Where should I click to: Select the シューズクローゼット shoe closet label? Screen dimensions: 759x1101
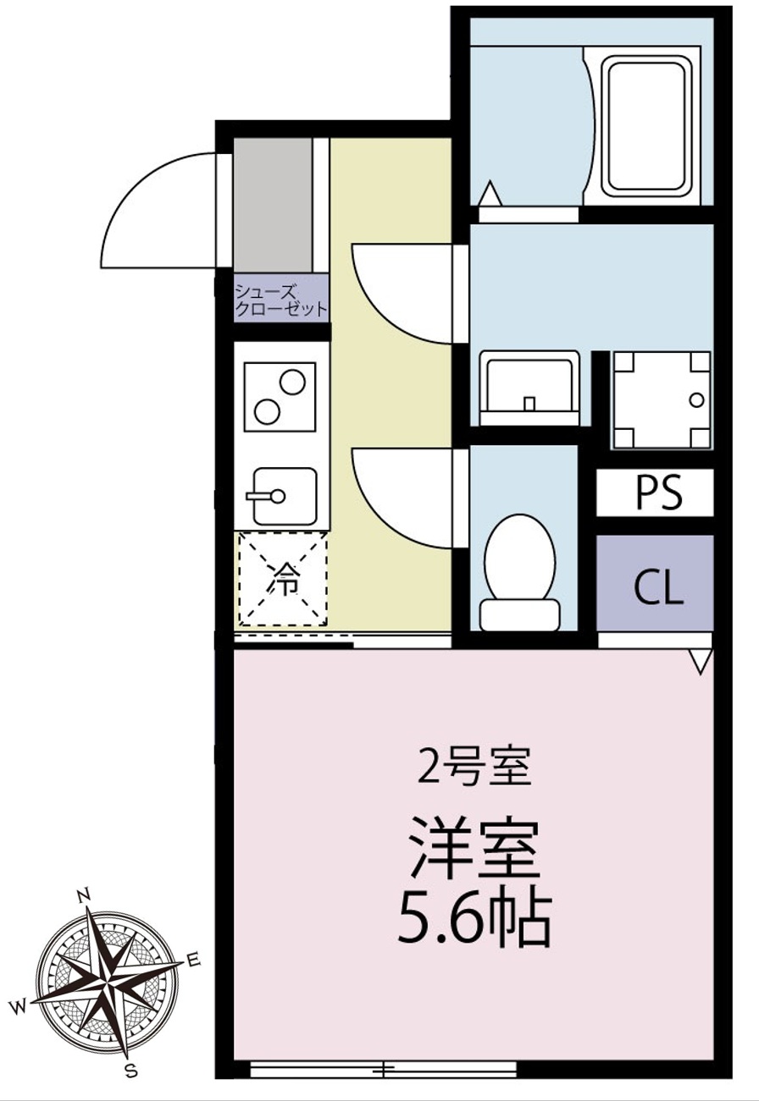pyautogui.click(x=281, y=300)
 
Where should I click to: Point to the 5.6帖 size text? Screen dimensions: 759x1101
pyautogui.click(x=474, y=920)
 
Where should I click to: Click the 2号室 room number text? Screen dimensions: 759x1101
pyautogui.click(x=474, y=771)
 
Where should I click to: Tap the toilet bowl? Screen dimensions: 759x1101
pyautogui.click(x=520, y=572)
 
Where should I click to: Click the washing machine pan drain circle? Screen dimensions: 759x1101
pyautogui.click(x=696, y=400)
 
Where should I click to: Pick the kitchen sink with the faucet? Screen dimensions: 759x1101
pyautogui.click(x=285, y=497)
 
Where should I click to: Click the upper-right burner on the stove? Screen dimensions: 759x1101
pyautogui.click(x=292, y=382)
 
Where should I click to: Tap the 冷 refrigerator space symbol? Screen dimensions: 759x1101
pyautogui.click(x=283, y=579)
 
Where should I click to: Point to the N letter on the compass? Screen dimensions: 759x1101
pyautogui.click(x=85, y=894)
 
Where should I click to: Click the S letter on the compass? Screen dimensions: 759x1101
pyautogui.click(x=130, y=1070)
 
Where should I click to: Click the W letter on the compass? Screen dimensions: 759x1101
pyautogui.click(x=19, y=1007)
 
